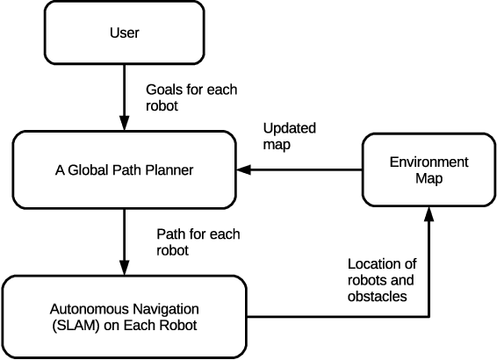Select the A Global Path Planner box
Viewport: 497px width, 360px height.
(x=124, y=169)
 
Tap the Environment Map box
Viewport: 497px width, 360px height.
(x=429, y=169)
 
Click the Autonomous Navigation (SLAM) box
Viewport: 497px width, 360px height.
(x=124, y=316)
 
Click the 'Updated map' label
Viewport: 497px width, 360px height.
(x=290, y=135)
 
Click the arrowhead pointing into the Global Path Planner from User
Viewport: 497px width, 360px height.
(x=124, y=124)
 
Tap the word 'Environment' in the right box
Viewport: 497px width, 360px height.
(x=429, y=162)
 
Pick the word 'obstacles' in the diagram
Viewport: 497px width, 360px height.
(x=376, y=296)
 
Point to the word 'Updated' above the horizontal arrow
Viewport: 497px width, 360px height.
(x=290, y=127)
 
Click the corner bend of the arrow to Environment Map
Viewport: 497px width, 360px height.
(x=429, y=316)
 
